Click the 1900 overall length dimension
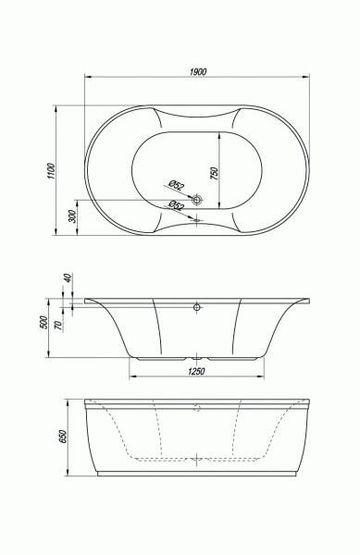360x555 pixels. pyautogui.click(x=198, y=72)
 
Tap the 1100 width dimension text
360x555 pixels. pyautogui.click(x=52, y=170)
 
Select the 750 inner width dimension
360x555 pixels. pyautogui.click(x=215, y=174)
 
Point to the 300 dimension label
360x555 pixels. pyautogui.click(x=72, y=216)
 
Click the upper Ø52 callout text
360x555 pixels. pyautogui.click(x=176, y=185)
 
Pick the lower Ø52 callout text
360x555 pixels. pyautogui.click(x=176, y=205)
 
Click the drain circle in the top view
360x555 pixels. pyautogui.click(x=197, y=200)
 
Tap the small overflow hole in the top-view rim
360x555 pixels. pyautogui.click(x=197, y=220)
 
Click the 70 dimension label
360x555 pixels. pyautogui.click(x=58, y=325)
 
